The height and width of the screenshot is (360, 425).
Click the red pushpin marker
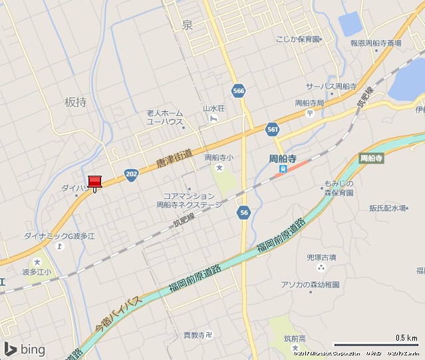pos(94,182)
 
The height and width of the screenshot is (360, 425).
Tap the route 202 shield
pos(132,174)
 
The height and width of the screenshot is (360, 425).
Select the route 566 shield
pos(239,90)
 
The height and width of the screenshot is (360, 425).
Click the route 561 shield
pos(271,128)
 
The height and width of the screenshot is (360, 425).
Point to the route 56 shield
pos(244,212)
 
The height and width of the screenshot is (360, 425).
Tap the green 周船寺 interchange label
pos(372,158)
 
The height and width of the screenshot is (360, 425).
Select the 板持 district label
pos(75,102)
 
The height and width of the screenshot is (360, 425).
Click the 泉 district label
pos(187,25)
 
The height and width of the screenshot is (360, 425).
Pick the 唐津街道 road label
pos(174,158)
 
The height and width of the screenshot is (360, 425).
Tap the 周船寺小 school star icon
pos(219,168)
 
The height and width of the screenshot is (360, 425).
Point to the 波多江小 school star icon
pos(37,262)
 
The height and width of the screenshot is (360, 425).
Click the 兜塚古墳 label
pos(321,257)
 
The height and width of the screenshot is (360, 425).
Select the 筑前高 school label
pos(293,339)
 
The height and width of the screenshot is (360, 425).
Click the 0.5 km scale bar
pos(376,344)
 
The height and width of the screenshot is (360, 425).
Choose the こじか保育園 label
pos(299,39)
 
